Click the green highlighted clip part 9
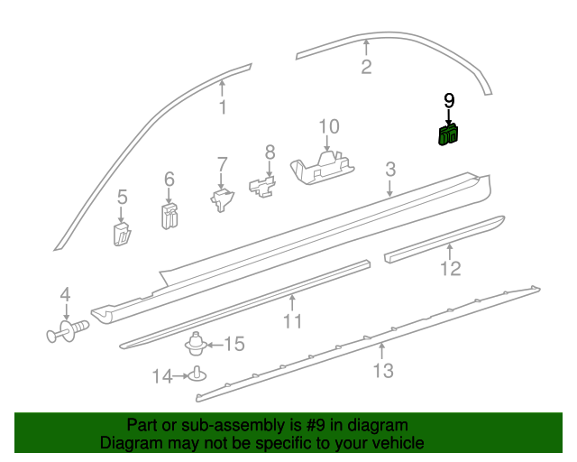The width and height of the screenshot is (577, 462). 448,135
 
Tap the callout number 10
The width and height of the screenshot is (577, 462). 328,127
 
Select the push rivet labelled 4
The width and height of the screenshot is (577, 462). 66,332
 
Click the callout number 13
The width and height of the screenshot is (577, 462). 383,370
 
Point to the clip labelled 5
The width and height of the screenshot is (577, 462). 123,234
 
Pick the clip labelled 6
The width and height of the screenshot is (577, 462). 169,215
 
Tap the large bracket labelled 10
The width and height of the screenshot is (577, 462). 322,166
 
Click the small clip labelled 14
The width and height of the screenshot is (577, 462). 196,374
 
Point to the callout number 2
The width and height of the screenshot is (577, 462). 366,66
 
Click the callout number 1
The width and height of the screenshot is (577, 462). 223,107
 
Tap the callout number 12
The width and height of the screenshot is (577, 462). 450,267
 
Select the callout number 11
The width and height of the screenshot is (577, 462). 292,321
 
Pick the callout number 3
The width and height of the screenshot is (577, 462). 389,169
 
